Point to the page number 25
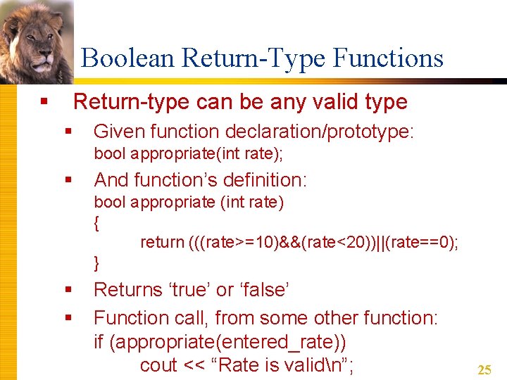tap(484, 369)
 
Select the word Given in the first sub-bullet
tap(116, 132)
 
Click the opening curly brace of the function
tap(96, 224)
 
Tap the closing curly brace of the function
tap(96, 264)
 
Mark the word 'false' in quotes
tap(263, 289)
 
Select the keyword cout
tap(158, 366)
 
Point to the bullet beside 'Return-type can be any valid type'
tap(44, 103)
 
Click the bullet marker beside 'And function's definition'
tap(68, 180)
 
